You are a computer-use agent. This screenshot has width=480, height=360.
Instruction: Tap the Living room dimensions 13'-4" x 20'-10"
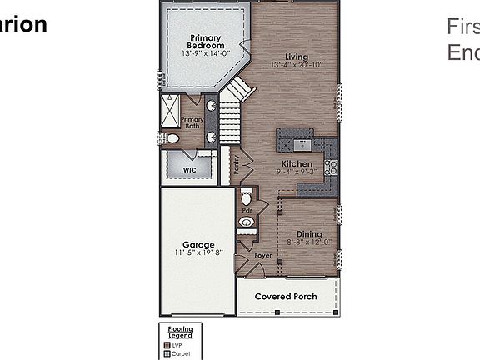297,65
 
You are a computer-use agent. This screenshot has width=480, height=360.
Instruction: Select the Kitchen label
297,164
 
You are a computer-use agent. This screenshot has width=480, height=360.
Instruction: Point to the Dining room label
309,234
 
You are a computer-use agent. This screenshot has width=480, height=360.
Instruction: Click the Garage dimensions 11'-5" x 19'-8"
198,252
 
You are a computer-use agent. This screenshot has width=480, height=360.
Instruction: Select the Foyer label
263,256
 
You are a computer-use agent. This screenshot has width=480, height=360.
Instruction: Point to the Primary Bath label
192,122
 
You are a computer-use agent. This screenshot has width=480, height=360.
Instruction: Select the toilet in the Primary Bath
171,138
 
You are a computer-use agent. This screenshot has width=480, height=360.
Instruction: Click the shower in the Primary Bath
171,108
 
